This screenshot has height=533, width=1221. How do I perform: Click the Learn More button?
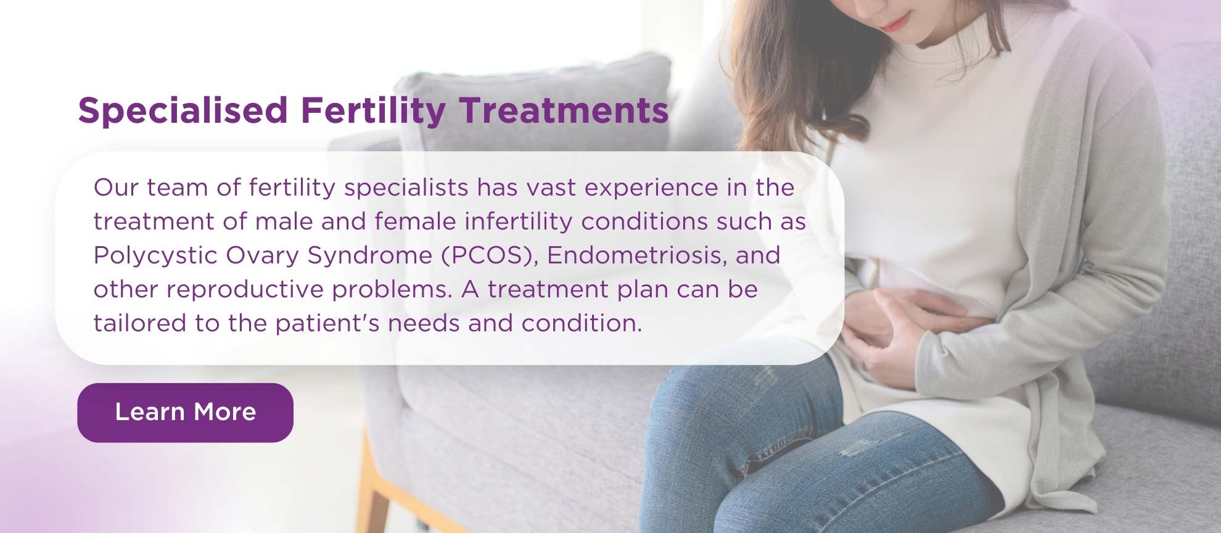185,412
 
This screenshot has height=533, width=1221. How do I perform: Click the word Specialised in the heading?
183,110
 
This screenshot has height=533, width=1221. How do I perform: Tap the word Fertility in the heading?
373,112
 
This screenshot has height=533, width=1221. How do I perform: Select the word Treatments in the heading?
564,110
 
